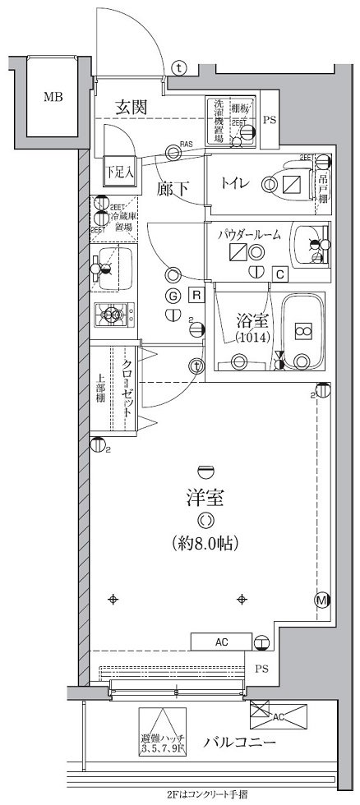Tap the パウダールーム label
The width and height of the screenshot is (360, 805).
click(x=249, y=234)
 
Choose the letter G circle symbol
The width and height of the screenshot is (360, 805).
click(x=173, y=296)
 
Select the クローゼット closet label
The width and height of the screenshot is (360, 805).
click(x=128, y=391)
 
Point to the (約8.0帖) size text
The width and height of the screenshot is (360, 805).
click(x=205, y=542)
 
